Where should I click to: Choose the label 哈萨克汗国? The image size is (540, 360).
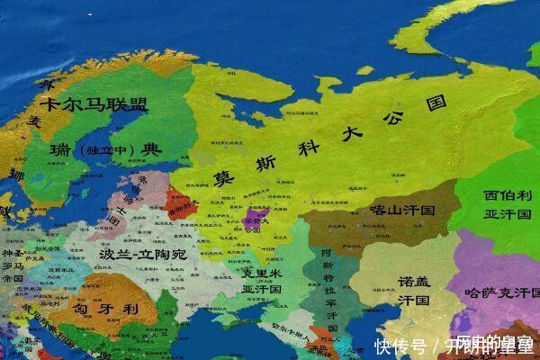[495, 292]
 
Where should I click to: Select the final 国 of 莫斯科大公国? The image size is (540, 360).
[437, 101]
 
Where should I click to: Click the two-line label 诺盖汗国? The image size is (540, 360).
[415, 290]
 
